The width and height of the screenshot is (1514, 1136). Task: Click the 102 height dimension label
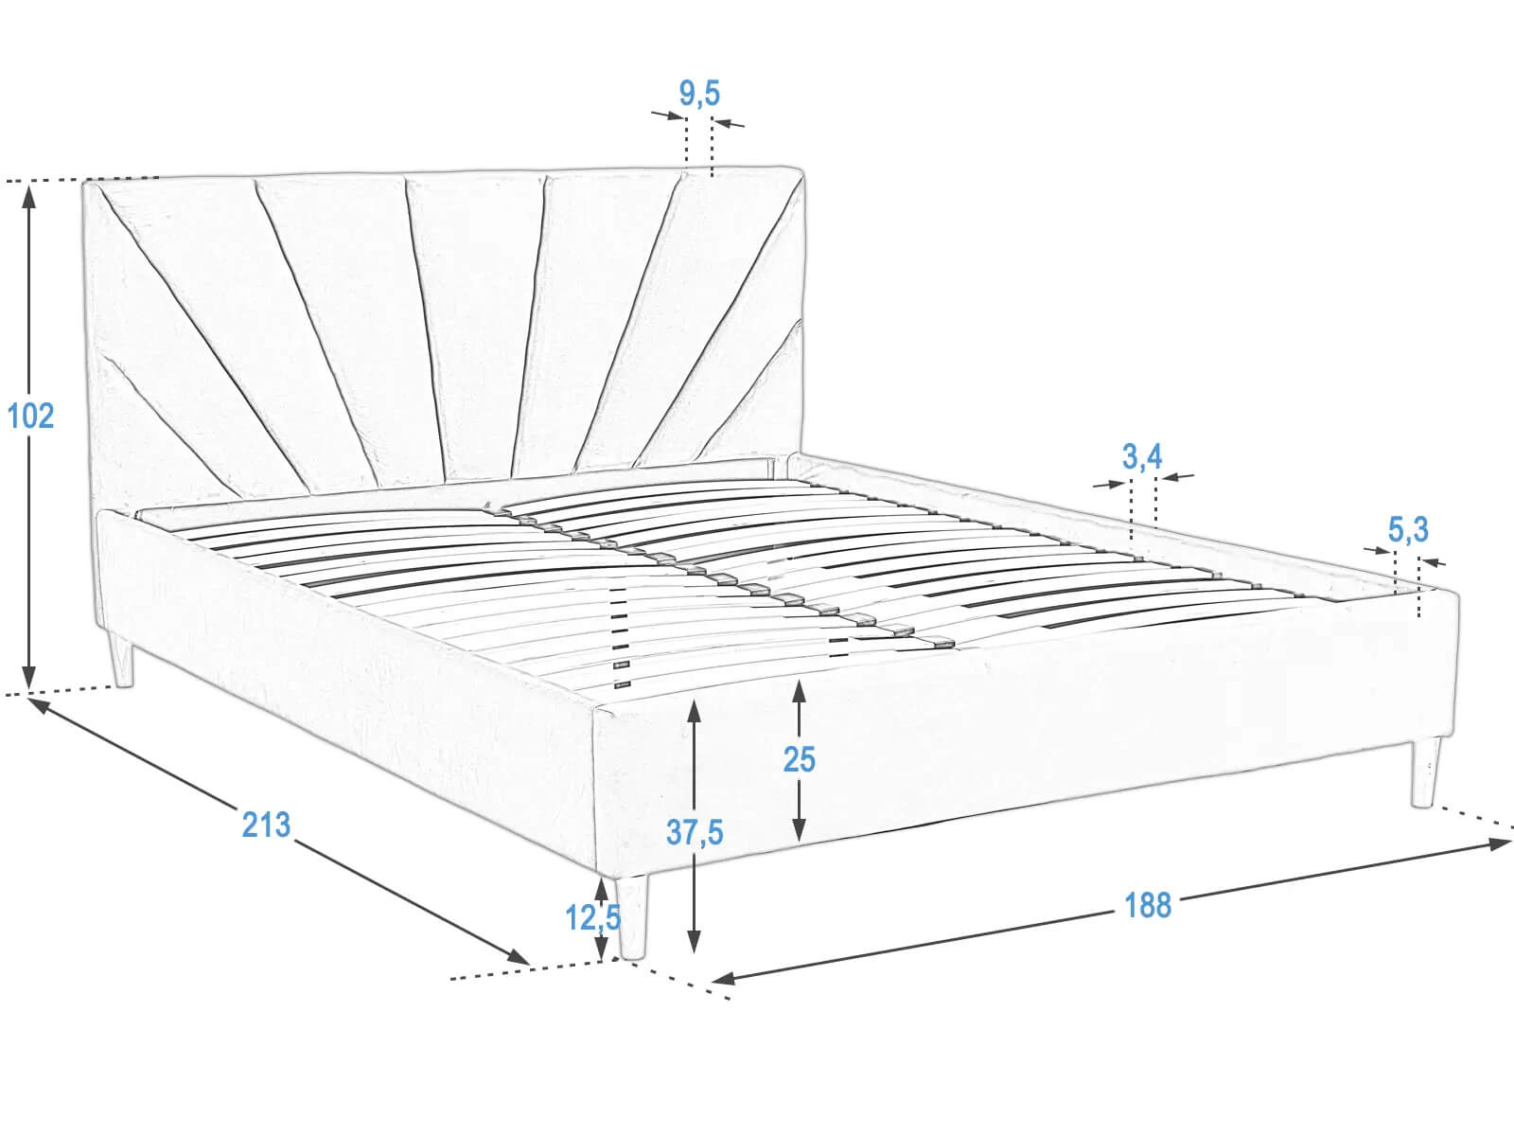click(x=30, y=416)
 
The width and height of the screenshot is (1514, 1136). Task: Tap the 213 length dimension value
click(x=266, y=825)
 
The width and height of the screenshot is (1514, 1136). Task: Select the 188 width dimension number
click(x=1148, y=905)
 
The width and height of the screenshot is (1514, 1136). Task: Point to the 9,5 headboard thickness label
click(x=699, y=93)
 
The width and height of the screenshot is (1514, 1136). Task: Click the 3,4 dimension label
click(x=1142, y=456)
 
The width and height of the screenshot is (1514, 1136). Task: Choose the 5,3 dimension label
click(x=1408, y=529)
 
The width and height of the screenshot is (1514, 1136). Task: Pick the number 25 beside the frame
click(x=799, y=759)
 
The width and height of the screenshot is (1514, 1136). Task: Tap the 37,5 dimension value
click(x=695, y=832)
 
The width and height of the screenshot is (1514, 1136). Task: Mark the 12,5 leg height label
click(x=593, y=917)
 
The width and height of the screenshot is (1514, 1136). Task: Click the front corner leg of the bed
click(x=632, y=918)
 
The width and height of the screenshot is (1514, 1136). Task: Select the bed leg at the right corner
click(x=1425, y=772)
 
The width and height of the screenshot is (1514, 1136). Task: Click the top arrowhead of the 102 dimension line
click(x=29, y=197)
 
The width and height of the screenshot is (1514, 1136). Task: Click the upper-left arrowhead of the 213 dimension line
click(x=40, y=705)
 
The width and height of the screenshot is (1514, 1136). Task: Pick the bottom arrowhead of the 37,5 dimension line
click(x=694, y=941)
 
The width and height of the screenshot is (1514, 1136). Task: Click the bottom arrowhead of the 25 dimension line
click(x=799, y=829)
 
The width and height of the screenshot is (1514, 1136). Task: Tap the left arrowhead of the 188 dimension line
click(x=724, y=977)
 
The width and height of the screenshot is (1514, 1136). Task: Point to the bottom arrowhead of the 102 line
click(x=29, y=676)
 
